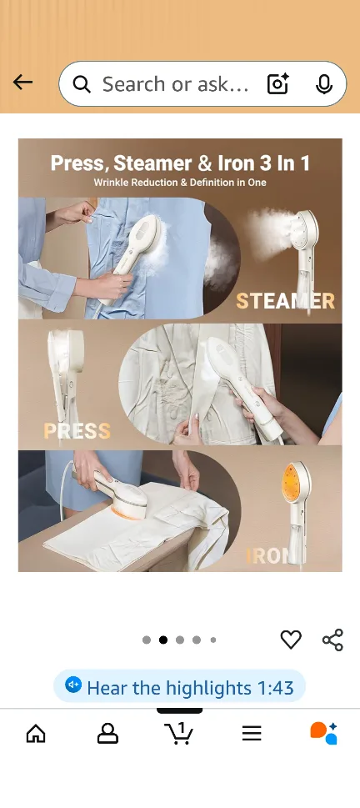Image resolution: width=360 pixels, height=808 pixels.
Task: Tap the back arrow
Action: pos(22,82)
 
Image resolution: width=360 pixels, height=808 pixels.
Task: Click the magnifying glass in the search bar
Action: pos(82,84)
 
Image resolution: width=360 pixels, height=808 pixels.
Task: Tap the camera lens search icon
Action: pos(277,84)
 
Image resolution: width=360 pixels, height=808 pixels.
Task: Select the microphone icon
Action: pos(324,84)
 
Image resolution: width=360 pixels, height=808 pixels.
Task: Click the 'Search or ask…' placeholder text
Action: pos(175,84)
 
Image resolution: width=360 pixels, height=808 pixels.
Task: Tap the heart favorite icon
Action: pos(291,640)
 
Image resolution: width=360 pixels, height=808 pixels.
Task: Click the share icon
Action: pos(332,640)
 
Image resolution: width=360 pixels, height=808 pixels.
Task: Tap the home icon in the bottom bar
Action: pos(36,733)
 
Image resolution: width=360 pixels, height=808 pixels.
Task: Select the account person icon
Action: pos(107,733)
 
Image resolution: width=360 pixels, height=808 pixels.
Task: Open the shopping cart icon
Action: pos(179,733)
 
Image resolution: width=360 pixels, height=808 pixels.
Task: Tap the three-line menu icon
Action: pos(252,733)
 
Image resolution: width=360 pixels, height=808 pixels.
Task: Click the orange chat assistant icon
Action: pos(323,733)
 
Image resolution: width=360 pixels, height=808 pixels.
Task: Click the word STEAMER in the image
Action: pos(285,301)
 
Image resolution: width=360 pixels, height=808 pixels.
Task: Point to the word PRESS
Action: pos(77,431)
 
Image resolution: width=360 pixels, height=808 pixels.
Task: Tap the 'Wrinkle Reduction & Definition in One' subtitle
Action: pos(180,182)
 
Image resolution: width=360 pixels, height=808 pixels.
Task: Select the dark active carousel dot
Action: pos(163,640)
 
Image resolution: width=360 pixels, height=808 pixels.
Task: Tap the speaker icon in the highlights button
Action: pos(74,685)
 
